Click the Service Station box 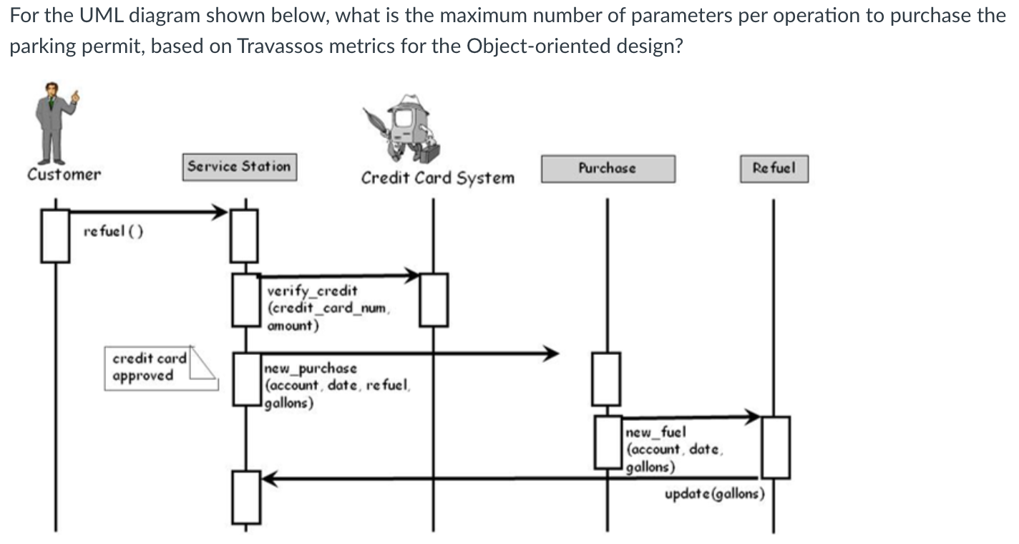(x=239, y=167)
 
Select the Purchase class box (x=608, y=169)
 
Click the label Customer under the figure (x=64, y=174)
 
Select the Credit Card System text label (x=437, y=178)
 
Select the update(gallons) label (x=714, y=494)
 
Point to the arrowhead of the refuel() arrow (x=220, y=211)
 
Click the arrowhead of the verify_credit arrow (x=413, y=275)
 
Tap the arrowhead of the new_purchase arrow (x=550, y=353)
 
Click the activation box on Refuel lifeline (x=776, y=447)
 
